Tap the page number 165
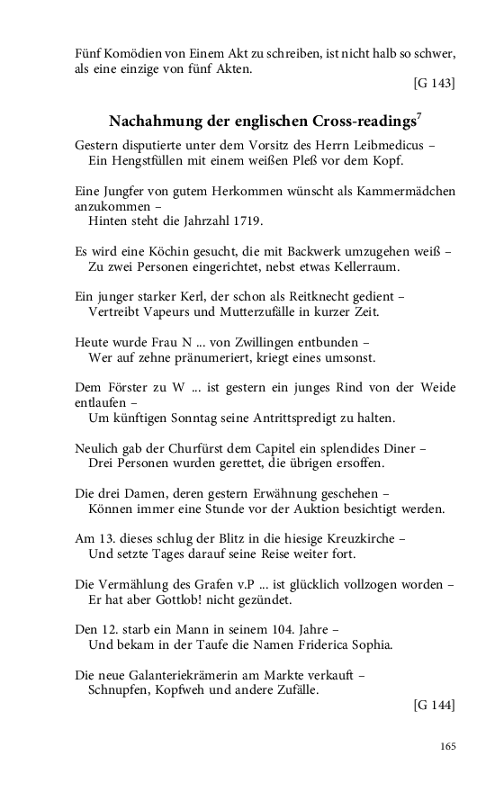tap(447, 745)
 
